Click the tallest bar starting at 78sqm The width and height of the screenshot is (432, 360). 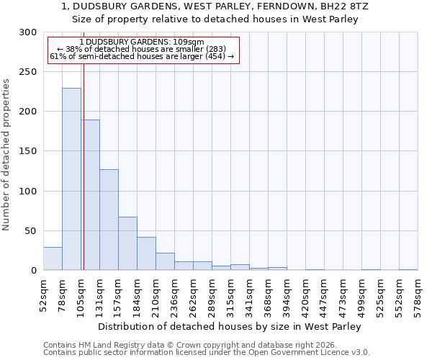pyautogui.click(x=71, y=179)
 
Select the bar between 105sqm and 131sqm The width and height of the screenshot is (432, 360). pyautogui.click(x=90, y=195)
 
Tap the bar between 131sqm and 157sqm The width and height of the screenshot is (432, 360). pyautogui.click(x=109, y=220)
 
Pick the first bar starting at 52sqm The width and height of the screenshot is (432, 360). pyautogui.click(x=53, y=258)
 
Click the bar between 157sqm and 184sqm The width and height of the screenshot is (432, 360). pyautogui.click(x=127, y=243)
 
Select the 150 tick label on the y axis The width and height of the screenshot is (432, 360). pyautogui.click(x=28, y=152)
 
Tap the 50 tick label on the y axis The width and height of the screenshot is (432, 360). pyautogui.click(x=31, y=231)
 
